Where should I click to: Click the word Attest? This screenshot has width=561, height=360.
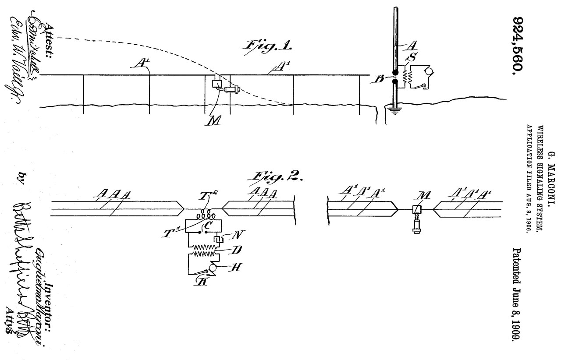pos(47,26)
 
